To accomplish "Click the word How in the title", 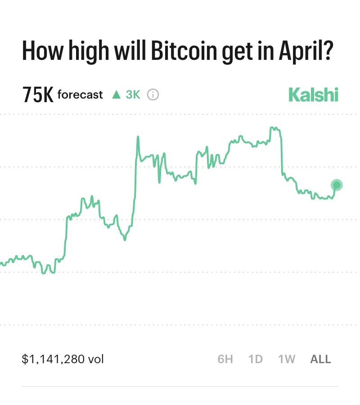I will tap(39, 52).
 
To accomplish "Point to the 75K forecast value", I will tap(38, 95).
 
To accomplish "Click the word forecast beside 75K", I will tap(80, 95).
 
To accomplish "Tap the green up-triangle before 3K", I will tap(117, 95).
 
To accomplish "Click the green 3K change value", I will tap(133, 95).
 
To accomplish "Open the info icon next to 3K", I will tap(153, 95).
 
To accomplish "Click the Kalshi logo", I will tap(313, 95).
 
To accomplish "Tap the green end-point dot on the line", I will tap(337, 185).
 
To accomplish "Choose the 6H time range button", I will tap(225, 359).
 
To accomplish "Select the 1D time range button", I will tap(256, 359).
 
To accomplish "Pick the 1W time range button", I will tap(287, 359).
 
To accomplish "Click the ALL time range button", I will tap(321, 359).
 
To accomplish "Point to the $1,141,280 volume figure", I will tap(54, 359).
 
